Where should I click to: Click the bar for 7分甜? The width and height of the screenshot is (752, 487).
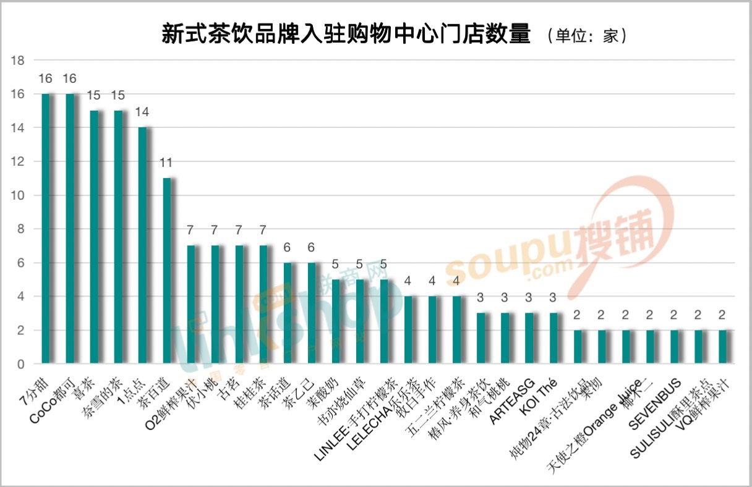[x=46, y=229]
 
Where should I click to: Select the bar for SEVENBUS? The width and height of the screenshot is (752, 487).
[x=674, y=347]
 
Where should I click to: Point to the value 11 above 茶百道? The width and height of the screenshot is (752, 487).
[x=166, y=163]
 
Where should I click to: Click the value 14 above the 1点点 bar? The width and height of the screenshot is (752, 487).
[x=142, y=112]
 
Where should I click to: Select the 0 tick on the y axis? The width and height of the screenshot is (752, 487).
[x=20, y=365]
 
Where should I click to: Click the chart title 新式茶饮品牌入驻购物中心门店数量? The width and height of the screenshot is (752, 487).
[x=346, y=34]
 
